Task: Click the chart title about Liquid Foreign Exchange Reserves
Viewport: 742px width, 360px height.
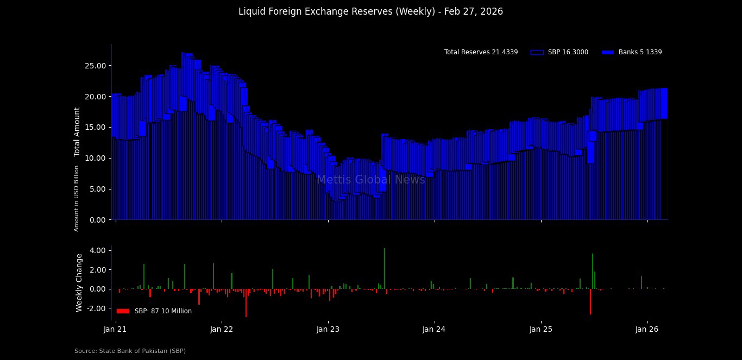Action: pyautogui.click(x=370, y=11)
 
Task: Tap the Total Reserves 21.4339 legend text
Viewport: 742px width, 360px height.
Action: pyautogui.click(x=481, y=52)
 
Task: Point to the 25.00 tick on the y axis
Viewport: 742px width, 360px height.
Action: pyautogui.click(x=96, y=66)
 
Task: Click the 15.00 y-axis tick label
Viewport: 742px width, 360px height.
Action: pyautogui.click(x=96, y=127)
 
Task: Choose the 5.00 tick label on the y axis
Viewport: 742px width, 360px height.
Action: pyautogui.click(x=98, y=189)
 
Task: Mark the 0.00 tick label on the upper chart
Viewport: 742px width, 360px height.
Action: pyautogui.click(x=98, y=220)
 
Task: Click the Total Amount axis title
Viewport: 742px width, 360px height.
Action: pyautogui.click(x=77, y=132)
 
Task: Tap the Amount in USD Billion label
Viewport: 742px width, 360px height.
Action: pyautogui.click(x=77, y=198)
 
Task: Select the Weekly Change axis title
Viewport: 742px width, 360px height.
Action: pyautogui.click(x=79, y=282)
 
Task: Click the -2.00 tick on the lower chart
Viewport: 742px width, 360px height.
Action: pyautogui.click(x=96, y=308)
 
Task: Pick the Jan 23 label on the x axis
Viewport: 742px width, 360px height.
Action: pyautogui.click(x=328, y=329)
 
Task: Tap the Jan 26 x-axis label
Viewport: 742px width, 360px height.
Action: pyautogui.click(x=647, y=329)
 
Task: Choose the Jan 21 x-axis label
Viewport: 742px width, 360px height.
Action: pyautogui.click(x=115, y=329)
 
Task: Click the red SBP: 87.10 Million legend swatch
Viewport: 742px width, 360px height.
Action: pyautogui.click(x=123, y=311)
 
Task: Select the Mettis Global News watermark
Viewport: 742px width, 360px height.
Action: pyautogui.click(x=371, y=180)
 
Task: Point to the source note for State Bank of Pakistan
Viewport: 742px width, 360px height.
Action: pyautogui.click(x=130, y=351)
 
